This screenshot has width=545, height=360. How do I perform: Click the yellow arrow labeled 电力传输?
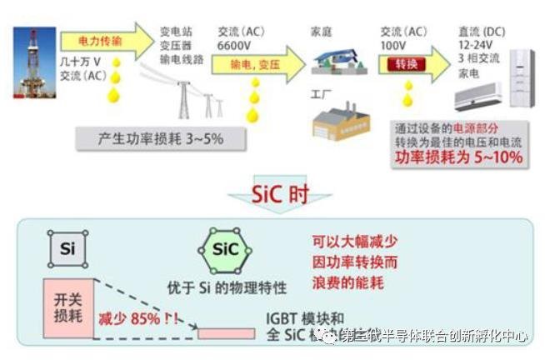104,41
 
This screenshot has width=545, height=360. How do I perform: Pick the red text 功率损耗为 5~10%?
461,157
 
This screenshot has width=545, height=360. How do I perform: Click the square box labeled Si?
67,248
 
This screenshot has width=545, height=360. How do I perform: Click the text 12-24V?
475,45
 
